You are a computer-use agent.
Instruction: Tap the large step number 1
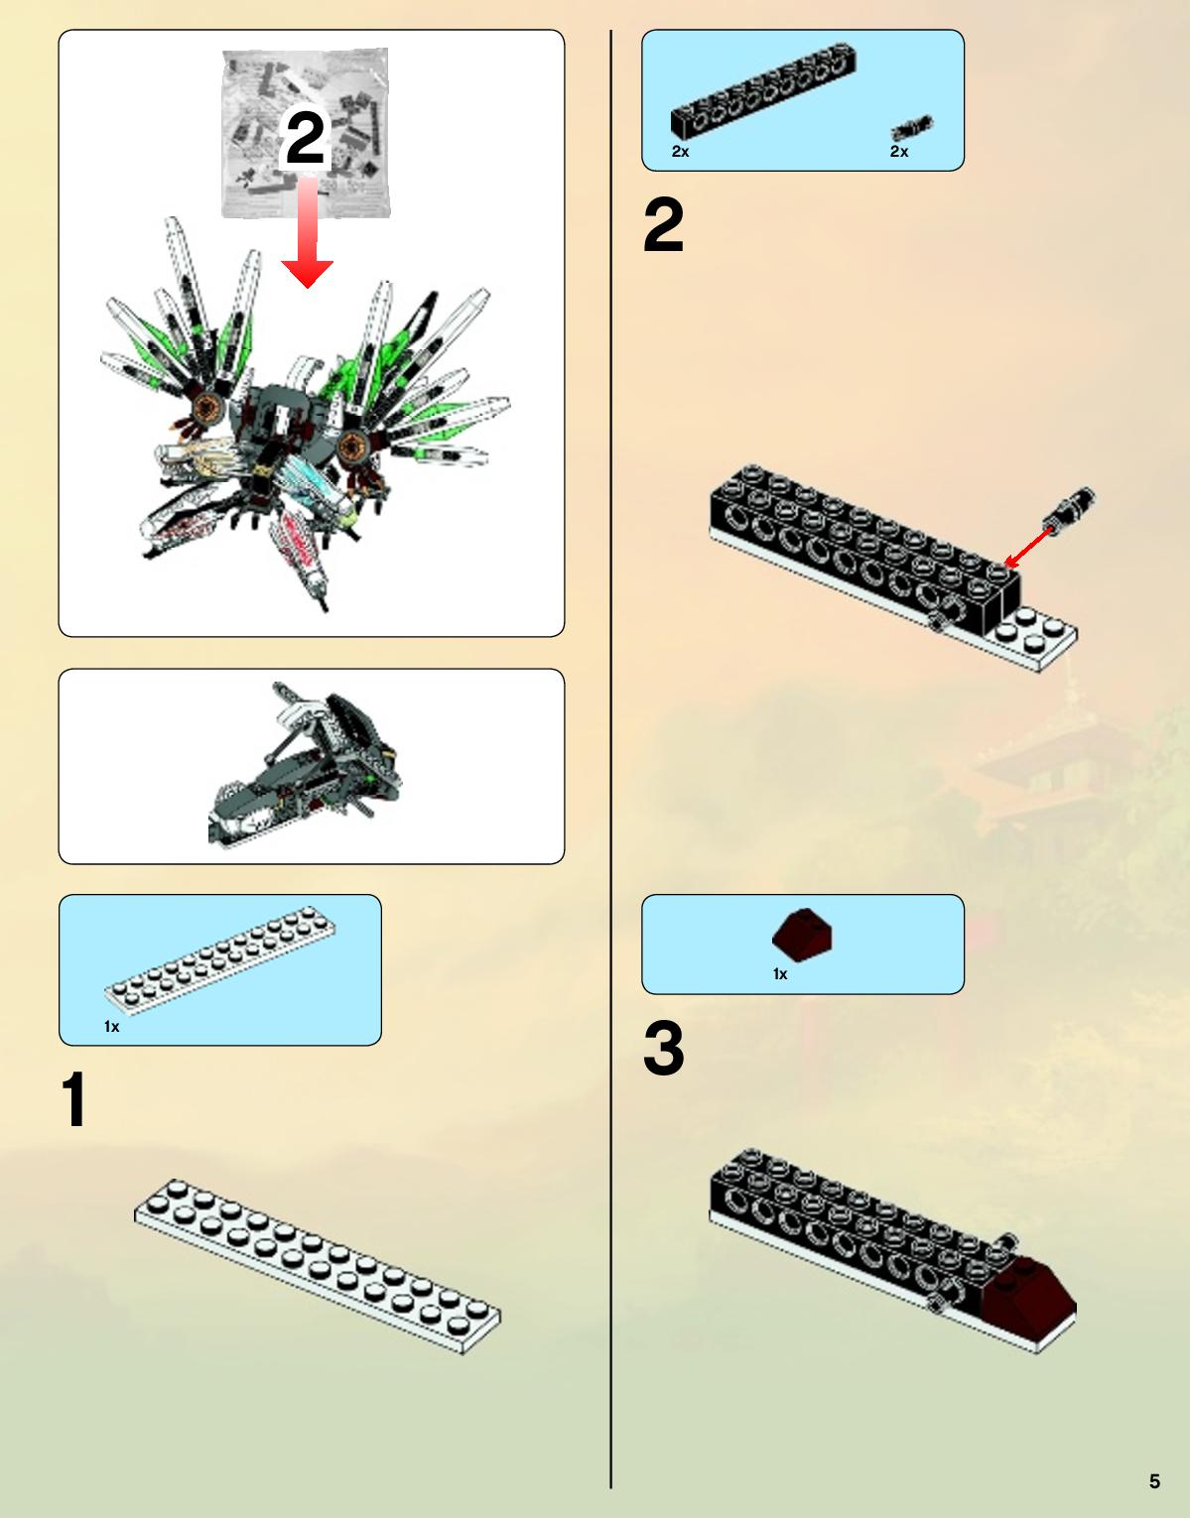pyautogui.click(x=73, y=1099)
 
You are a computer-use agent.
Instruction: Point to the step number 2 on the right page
pyautogui.click(x=663, y=225)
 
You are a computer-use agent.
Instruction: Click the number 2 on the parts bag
pyautogui.click(x=306, y=138)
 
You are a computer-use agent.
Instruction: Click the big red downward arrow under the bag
pyautogui.click(x=307, y=232)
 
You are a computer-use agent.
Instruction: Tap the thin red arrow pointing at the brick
pyautogui.click(x=1028, y=547)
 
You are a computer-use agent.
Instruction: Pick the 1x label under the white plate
pyautogui.click(x=112, y=1026)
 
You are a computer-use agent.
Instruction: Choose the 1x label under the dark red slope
pyautogui.click(x=780, y=973)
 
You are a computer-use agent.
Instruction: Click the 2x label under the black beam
pyautogui.click(x=680, y=151)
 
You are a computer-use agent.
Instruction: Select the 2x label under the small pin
pyautogui.click(x=899, y=151)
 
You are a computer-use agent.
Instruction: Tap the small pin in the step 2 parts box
pyautogui.click(x=912, y=128)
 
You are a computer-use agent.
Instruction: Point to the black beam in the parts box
pyautogui.click(x=763, y=89)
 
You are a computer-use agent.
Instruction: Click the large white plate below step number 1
pyautogui.click(x=318, y=1266)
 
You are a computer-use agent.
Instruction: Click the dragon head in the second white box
pyautogui.click(x=304, y=766)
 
